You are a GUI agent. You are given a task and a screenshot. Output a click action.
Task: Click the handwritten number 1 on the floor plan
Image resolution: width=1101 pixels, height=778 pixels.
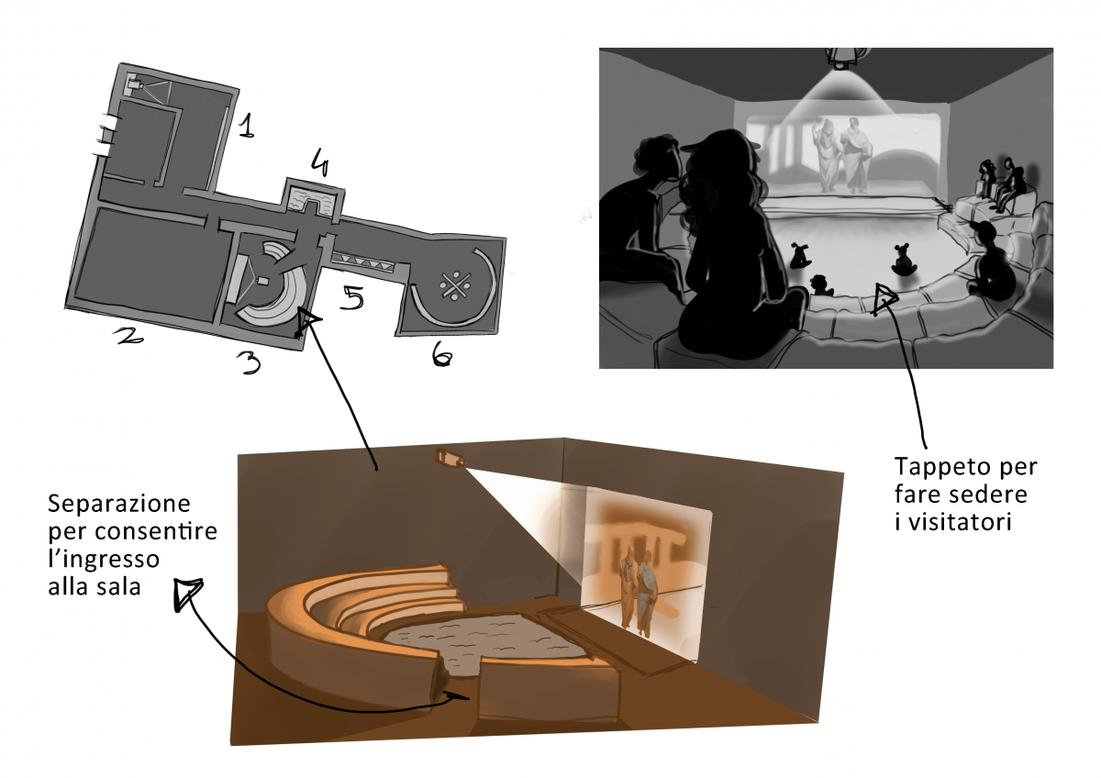(247, 126)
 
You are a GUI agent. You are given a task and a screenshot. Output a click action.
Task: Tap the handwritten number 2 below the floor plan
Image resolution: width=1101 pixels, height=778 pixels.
(128, 336)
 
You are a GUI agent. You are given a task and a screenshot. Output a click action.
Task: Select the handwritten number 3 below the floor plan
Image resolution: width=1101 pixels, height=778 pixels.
(250, 363)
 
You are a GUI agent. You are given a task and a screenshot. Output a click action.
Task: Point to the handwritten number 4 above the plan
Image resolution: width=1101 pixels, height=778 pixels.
(318, 161)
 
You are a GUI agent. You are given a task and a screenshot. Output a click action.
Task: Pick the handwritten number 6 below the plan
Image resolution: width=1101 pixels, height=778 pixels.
(441, 354)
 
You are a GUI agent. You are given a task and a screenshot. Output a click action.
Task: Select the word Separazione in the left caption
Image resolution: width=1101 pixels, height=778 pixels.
(119, 504)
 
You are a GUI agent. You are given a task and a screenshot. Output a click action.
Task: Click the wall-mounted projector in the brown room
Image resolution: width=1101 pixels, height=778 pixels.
(450, 458)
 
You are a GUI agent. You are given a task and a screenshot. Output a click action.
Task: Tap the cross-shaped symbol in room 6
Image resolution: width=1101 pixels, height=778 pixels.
(456, 285)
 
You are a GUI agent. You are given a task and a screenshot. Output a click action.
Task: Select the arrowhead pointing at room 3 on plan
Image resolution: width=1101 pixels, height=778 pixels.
(306, 321)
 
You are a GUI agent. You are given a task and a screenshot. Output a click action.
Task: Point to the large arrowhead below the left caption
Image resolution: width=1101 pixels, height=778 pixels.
(187, 594)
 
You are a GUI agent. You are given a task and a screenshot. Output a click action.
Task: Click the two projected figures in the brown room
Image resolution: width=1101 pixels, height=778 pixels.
(638, 593)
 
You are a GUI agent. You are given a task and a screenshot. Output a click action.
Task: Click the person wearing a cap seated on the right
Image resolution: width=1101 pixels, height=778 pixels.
(990, 261)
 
